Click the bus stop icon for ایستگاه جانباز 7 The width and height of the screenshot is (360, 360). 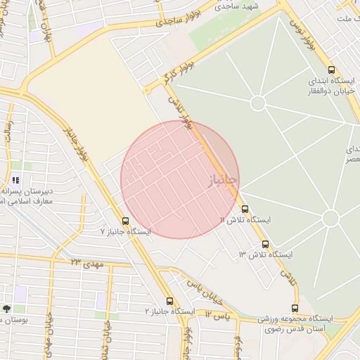(x=125, y=221)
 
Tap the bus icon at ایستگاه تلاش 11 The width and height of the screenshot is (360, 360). (x=245, y=209)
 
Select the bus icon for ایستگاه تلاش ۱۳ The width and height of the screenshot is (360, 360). (x=265, y=244)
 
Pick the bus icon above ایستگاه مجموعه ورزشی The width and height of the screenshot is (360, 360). (x=294, y=308)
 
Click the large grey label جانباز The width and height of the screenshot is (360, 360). (x=222, y=181)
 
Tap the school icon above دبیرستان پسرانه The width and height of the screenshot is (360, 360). (x=15, y=181)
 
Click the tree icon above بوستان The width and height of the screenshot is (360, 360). (x=7, y=309)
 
